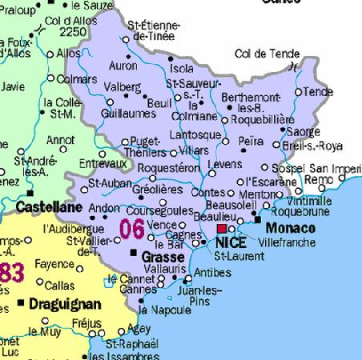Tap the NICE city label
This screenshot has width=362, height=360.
point(232,242)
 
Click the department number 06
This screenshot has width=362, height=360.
point(132,229)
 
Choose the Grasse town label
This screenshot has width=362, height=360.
point(163,258)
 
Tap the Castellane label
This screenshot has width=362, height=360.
point(49,207)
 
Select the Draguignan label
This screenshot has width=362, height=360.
point(64,304)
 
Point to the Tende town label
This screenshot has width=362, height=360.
point(319,92)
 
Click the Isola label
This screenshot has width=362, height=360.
point(182,68)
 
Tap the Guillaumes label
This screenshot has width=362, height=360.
point(127,114)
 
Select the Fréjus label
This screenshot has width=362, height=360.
point(86,323)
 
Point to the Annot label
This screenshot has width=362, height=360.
point(62,139)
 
